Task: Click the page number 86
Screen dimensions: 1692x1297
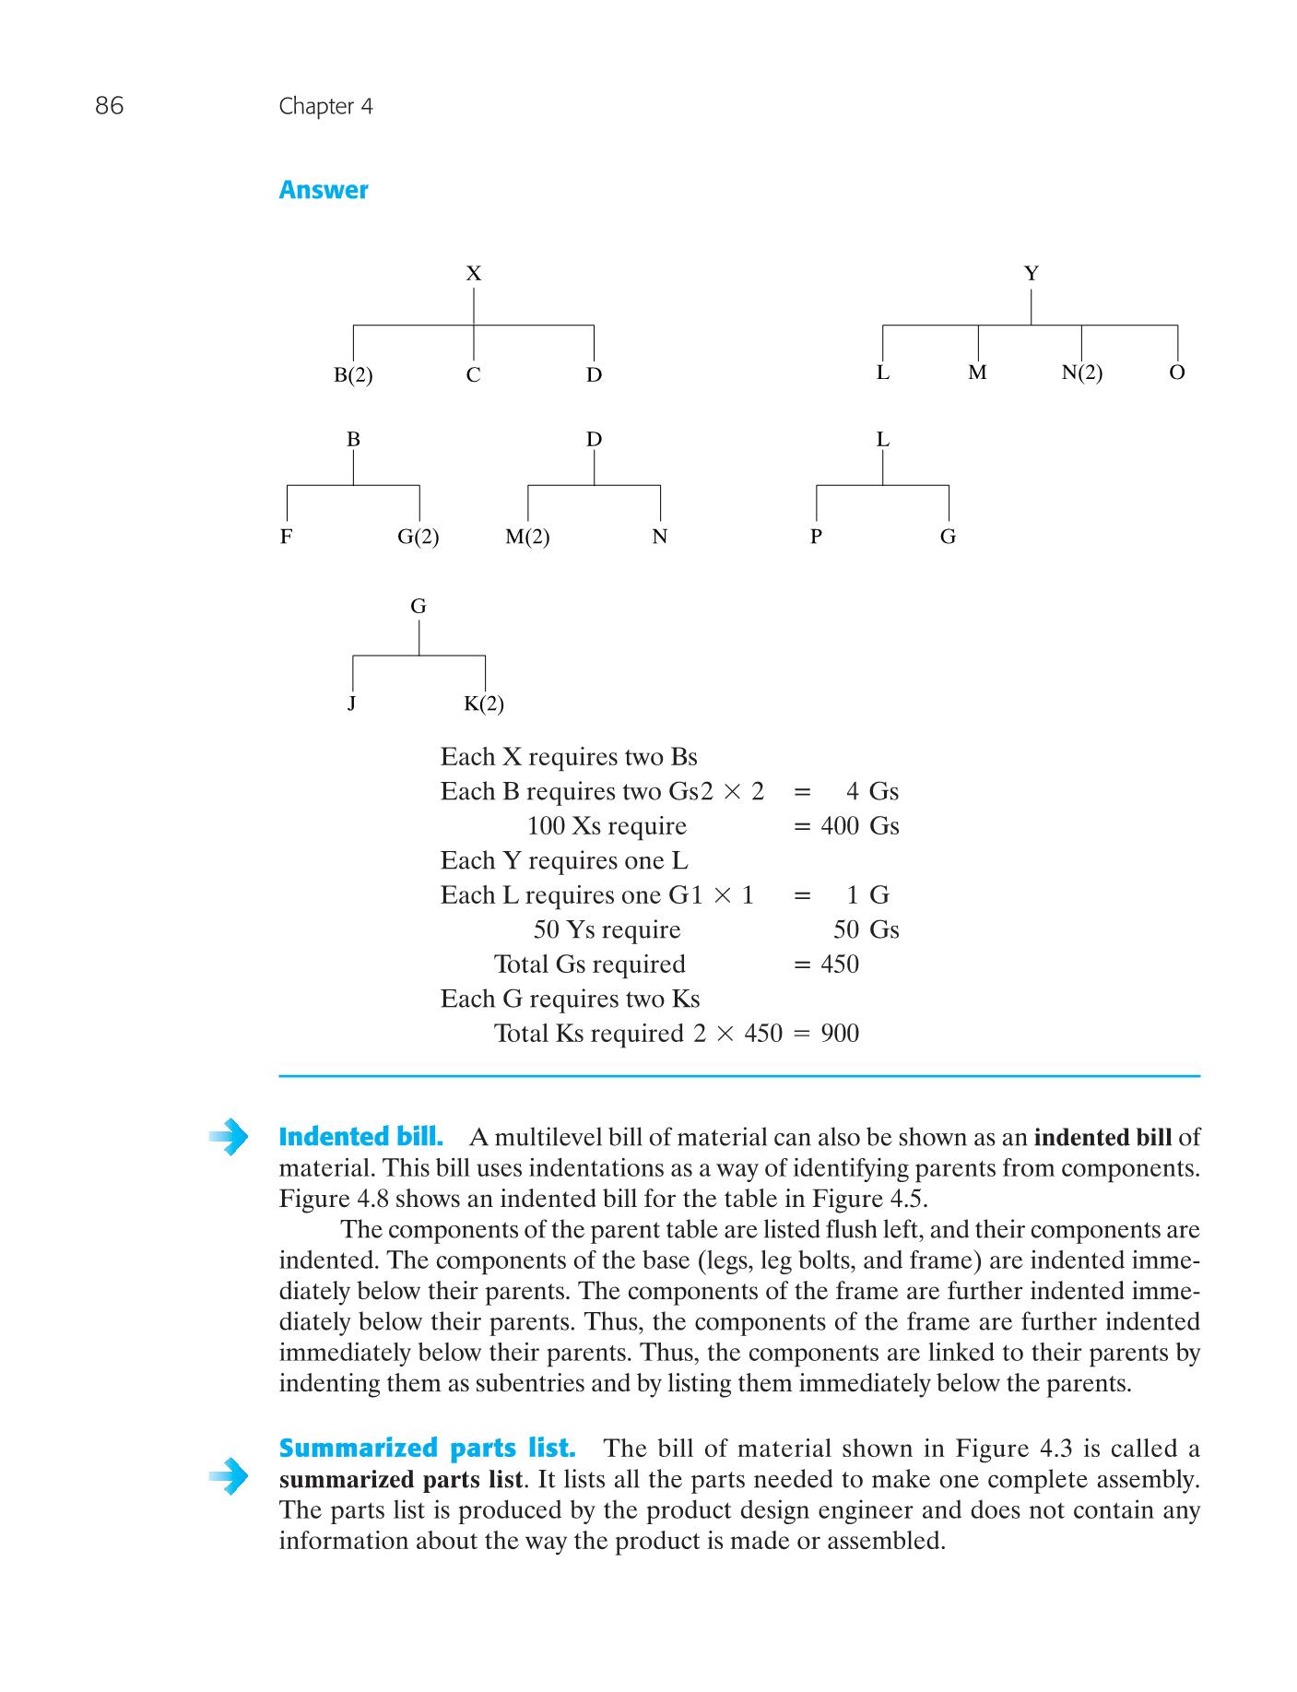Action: coord(109,106)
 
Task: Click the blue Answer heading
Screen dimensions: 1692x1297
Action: coord(323,190)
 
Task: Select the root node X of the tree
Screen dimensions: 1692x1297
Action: coord(473,274)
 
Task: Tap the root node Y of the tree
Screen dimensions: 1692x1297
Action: coord(1031,274)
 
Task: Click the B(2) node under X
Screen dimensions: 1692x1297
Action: coord(353,375)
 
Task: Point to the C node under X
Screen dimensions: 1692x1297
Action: coord(473,375)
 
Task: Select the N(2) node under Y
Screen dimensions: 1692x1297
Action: coord(1081,373)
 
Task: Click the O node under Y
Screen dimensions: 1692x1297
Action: coord(1176,373)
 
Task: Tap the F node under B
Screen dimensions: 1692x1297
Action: coord(287,537)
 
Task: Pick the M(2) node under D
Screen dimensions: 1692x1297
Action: coord(527,537)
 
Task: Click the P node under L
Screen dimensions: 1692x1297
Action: coord(816,537)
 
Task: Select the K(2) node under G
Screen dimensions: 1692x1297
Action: coord(483,704)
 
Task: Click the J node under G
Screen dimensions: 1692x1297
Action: coord(351,704)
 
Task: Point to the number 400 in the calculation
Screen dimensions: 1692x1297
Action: coord(839,826)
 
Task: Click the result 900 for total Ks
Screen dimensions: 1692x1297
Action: coord(839,1034)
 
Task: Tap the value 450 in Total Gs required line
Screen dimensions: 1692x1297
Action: coord(839,964)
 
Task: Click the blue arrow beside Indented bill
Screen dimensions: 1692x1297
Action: coord(229,1137)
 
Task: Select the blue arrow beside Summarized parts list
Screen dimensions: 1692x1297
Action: coord(229,1476)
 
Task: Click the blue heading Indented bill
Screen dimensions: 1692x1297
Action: coord(360,1137)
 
